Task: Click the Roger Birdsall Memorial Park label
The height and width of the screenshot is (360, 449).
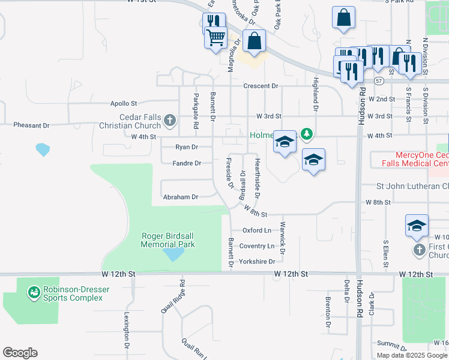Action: pos(168,240)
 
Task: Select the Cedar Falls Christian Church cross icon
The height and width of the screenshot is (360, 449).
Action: pos(170,121)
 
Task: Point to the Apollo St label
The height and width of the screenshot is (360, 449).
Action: pos(124,103)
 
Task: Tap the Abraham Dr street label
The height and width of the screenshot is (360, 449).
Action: pos(180,197)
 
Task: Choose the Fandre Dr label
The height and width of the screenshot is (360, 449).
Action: pos(187,163)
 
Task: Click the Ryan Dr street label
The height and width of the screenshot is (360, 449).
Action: pos(186,147)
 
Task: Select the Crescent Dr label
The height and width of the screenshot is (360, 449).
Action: pos(261,86)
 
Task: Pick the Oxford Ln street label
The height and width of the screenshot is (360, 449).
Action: pos(257,230)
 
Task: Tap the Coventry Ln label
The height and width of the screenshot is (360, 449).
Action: pos(256,246)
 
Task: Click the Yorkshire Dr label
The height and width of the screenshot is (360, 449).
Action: pos(256,262)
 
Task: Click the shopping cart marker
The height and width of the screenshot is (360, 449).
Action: pos(215,38)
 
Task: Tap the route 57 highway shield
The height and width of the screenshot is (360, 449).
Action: pos(378,80)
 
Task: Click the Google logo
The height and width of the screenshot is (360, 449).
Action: pos(20,353)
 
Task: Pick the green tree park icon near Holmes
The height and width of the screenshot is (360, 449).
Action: pos(307,133)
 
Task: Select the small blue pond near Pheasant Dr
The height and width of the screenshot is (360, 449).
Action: pos(43,149)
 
